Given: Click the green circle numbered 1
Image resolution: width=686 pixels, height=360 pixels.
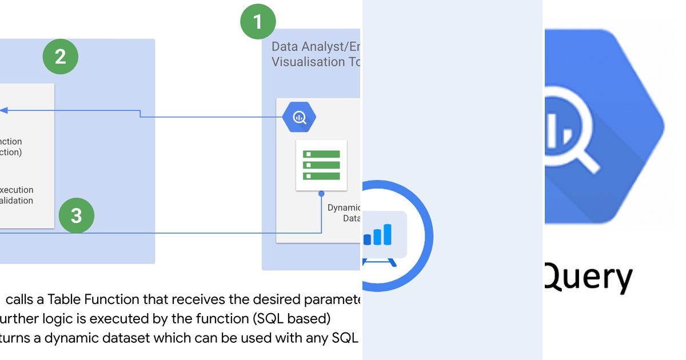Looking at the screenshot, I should [x=257, y=22].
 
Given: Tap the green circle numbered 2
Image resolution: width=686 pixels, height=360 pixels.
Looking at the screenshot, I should [x=60, y=57].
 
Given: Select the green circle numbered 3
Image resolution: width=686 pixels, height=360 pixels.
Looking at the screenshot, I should [x=76, y=215].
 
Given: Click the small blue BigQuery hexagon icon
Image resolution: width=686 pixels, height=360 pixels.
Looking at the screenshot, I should [x=299, y=118].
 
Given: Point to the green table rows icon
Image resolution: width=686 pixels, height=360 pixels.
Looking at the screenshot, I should [x=321, y=165].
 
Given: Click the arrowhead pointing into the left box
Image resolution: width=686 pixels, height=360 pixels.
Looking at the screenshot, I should [x=3, y=110].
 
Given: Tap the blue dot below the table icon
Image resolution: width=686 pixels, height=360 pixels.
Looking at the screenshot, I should [x=322, y=193].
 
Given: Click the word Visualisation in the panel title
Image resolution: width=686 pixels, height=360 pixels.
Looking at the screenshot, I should [x=309, y=62].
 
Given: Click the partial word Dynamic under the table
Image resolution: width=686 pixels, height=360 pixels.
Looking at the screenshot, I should [x=344, y=208].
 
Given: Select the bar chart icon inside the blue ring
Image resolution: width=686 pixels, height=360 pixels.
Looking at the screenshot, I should [x=378, y=234].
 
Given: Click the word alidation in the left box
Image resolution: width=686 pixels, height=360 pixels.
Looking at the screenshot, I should [x=17, y=201].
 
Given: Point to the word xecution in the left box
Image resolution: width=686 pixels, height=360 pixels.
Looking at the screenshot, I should [x=17, y=190].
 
